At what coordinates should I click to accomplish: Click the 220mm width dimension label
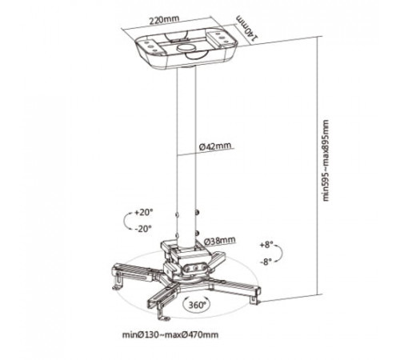pos(164,21)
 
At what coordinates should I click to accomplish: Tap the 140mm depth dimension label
pos(247,28)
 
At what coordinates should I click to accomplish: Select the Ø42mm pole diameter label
pos(216,146)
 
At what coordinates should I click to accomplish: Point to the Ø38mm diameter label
pos(220,241)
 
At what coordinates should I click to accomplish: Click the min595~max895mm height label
pos(326,160)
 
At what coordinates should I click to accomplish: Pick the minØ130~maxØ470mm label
pos(170,334)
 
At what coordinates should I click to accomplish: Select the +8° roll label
pos(266,245)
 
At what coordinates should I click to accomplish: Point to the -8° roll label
pos(266,262)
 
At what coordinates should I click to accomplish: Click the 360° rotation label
pos(198,305)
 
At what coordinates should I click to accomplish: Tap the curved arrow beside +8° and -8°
pos(282,252)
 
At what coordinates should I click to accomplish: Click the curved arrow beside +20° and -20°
pos(126,221)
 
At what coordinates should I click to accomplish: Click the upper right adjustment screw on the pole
pos(198,213)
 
